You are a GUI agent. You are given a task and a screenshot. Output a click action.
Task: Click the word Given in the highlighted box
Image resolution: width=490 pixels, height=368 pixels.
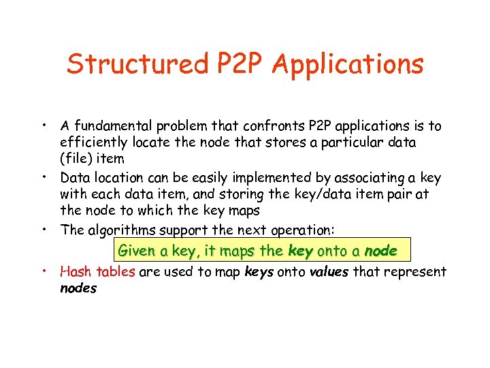[x=135, y=251]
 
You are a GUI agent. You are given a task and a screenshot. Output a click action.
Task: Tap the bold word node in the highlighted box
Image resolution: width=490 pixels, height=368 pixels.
[x=380, y=251]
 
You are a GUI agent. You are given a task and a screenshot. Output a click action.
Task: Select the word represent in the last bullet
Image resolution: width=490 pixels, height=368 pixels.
[x=415, y=272]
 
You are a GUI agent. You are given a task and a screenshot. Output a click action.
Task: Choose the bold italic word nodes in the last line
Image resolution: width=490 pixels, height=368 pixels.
[x=78, y=288]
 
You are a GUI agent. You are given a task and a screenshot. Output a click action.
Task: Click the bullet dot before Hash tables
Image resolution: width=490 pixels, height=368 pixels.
[x=44, y=271]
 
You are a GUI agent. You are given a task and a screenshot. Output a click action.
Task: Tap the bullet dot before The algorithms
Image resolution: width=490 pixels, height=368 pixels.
[x=44, y=228]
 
